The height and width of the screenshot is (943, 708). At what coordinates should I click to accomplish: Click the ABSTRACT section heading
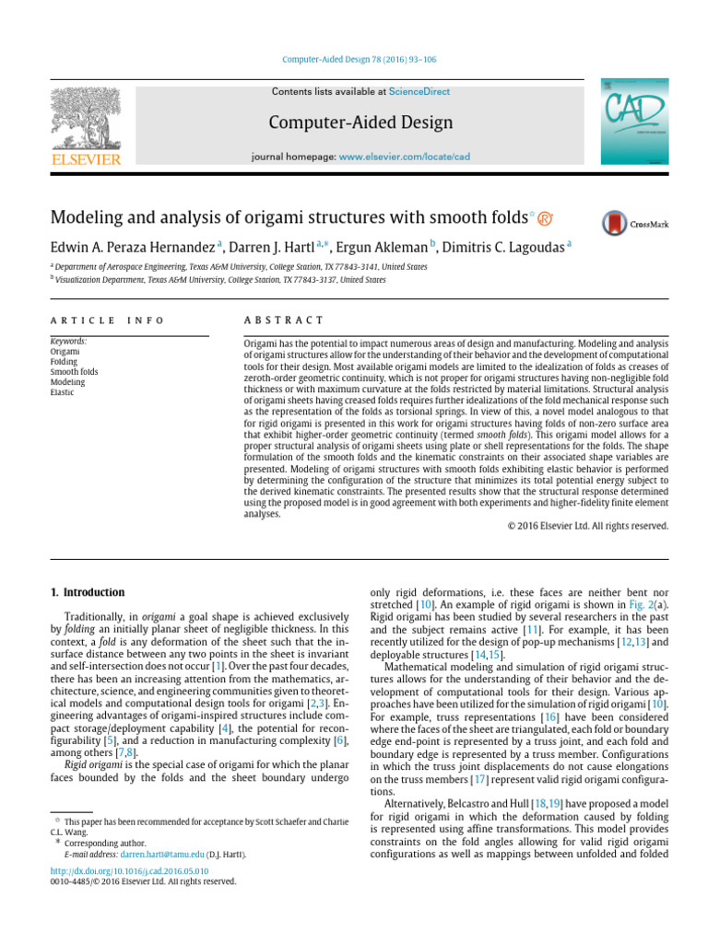(283, 320)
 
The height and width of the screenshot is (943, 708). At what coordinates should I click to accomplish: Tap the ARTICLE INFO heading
(107, 320)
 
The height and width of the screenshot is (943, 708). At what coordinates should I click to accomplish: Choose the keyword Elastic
(63, 392)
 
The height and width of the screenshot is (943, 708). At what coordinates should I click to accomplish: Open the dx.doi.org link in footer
(129, 870)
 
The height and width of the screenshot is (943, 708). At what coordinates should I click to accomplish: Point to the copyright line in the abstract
(587, 526)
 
